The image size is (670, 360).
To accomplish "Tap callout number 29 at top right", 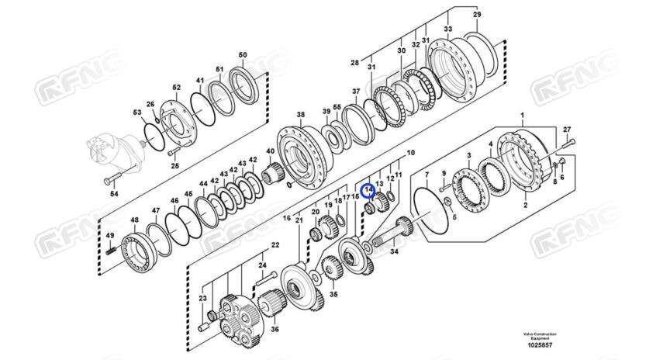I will [477, 15].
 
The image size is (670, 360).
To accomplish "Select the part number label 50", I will [243, 54].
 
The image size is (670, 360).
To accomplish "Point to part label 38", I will [301, 115].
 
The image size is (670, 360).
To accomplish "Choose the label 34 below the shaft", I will [394, 251].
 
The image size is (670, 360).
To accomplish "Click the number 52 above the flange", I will [176, 88].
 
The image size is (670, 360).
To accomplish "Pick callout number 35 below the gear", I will [334, 295].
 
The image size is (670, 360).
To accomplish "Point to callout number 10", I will [410, 154].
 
